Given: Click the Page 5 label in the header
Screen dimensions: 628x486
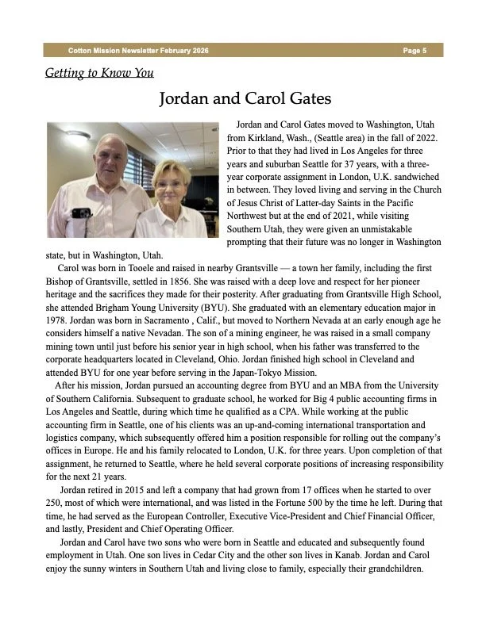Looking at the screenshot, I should [415, 50].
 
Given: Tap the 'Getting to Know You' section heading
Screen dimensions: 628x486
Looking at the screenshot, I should [99, 74].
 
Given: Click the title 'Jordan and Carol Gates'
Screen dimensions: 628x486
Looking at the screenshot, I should [245, 99].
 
